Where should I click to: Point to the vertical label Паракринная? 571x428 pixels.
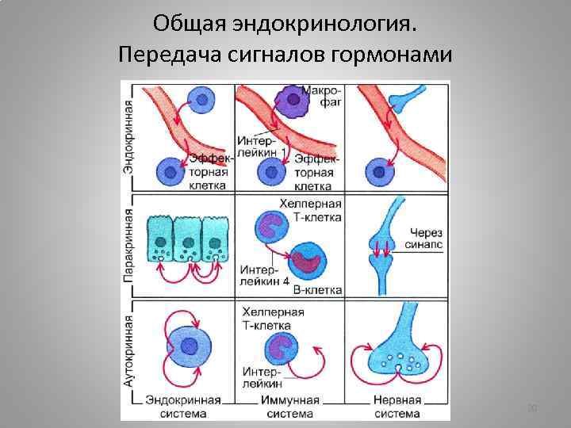click(128, 246)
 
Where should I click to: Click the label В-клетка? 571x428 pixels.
click(317, 290)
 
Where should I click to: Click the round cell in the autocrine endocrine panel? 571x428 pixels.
click(190, 346)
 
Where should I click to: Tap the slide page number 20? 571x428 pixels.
click(532, 407)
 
